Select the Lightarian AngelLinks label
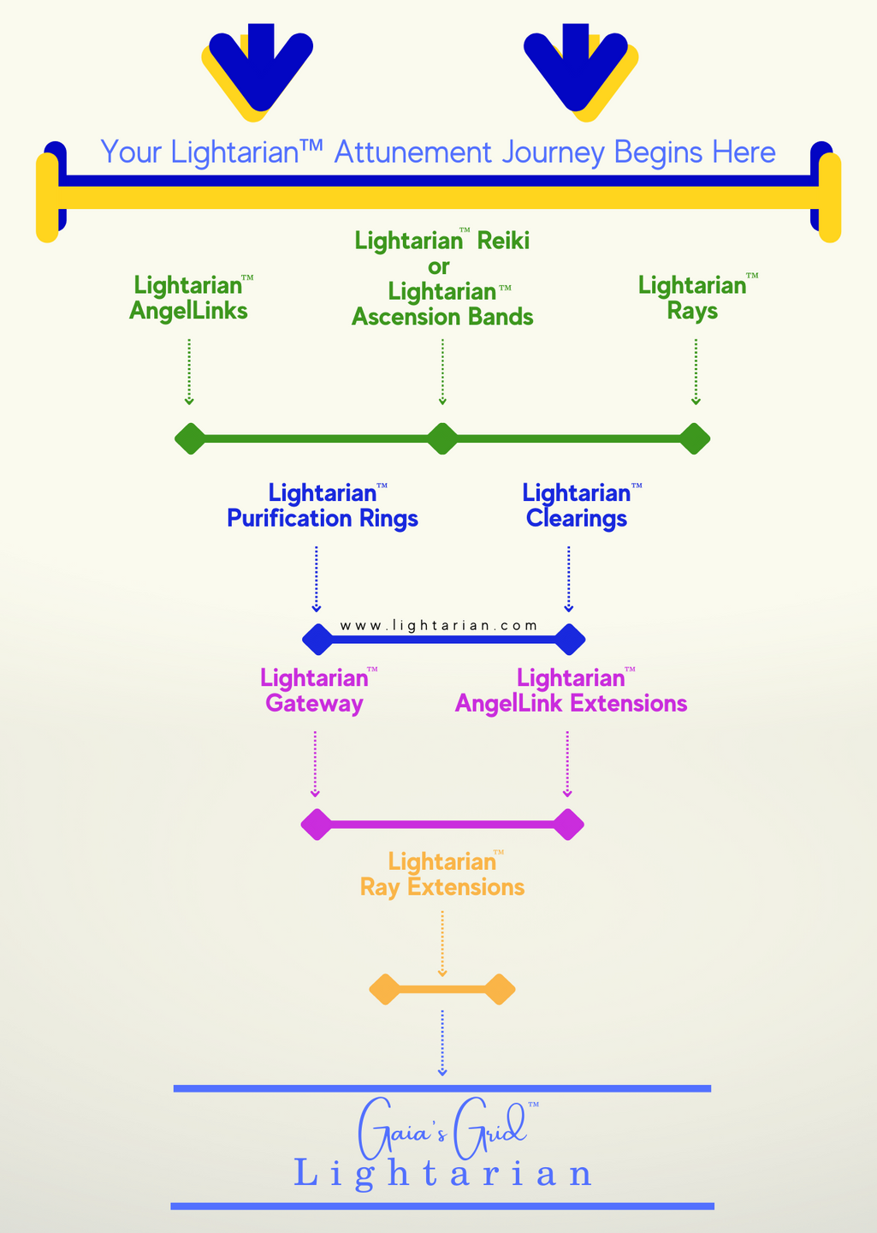pos(189,298)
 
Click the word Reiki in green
pos(503,241)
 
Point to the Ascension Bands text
pos(442,317)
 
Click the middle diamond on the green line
pos(442,438)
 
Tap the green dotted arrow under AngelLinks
pos(189,372)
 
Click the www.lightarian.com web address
pos(439,625)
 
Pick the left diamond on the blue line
pos(317,639)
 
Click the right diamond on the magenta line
pos(567,824)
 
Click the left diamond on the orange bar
pos(384,990)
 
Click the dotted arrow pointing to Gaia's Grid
pos(442,1042)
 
